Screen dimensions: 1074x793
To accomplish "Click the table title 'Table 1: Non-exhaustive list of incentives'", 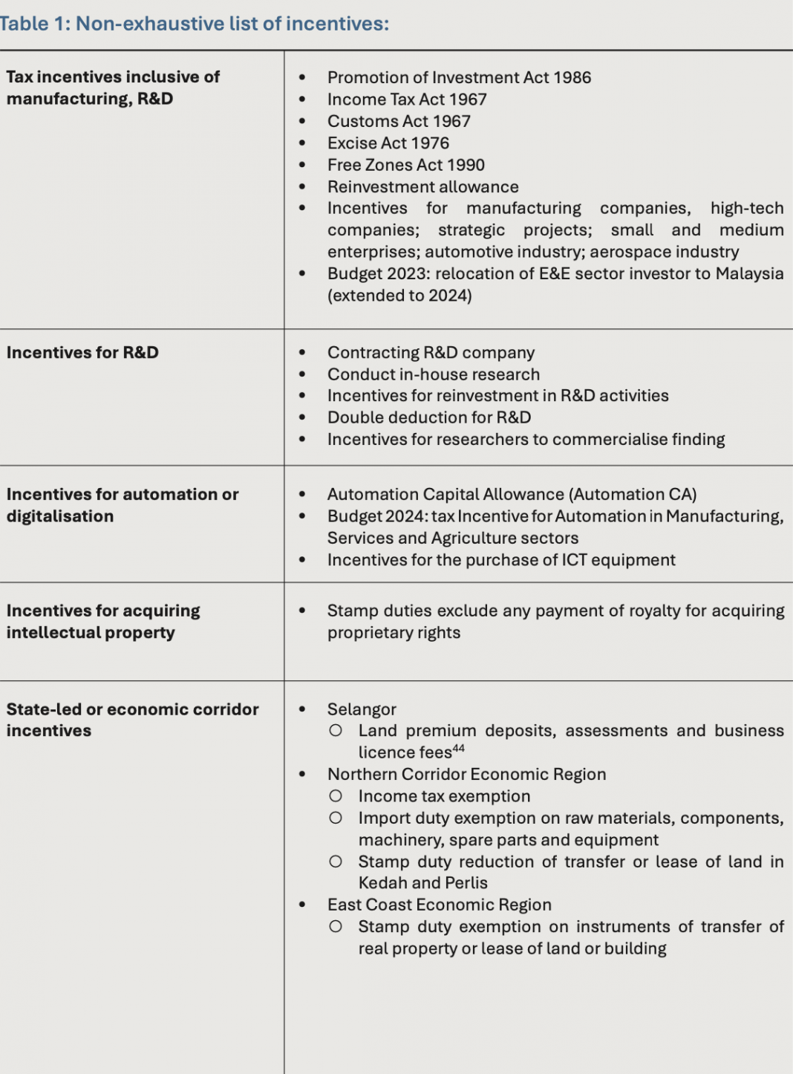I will pos(194,24).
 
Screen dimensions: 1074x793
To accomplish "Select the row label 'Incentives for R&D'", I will pos(82,353).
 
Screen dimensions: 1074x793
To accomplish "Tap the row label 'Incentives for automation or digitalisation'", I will pos(123,505).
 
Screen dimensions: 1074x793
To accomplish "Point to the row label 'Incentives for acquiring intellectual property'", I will pos(103,622).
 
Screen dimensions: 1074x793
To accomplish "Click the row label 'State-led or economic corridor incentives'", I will pos(132,720).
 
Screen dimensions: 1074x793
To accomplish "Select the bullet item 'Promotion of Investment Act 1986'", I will pos(459,77).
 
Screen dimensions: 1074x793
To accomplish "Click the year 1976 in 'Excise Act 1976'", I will pos(430,143).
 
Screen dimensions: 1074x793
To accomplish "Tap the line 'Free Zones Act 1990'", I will pos(405,165).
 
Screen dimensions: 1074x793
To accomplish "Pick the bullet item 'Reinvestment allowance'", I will pos(422,187).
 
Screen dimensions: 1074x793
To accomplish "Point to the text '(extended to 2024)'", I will pos(399,296).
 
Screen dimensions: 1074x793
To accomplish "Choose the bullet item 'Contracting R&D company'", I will pos(431,353).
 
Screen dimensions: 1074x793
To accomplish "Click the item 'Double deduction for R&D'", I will pos(429,417).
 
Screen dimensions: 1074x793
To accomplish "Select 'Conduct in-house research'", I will pos(434,374).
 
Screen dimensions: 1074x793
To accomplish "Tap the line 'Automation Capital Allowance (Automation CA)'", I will pos(512,495).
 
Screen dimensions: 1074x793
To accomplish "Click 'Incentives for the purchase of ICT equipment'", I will pos(501,560).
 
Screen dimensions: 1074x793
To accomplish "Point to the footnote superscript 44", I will pos(459,749).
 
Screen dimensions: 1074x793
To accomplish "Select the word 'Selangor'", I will pos(362,709).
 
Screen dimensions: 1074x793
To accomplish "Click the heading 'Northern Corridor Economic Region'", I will pos(466,774).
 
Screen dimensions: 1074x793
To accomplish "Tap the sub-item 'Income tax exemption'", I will pos(444,796).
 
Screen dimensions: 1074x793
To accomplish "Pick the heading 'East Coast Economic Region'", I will pos(439,905).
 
